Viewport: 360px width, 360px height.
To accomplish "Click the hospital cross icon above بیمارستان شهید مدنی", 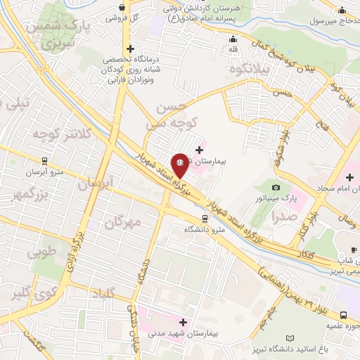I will [x=183, y=321].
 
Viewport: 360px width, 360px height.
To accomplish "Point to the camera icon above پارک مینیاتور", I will [x=276, y=187].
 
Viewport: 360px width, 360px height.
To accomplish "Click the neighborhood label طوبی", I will [x=40, y=253].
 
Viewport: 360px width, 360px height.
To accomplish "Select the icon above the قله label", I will [x=233, y=39].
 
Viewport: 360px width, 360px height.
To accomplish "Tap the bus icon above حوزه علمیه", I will [x=344, y=315].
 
